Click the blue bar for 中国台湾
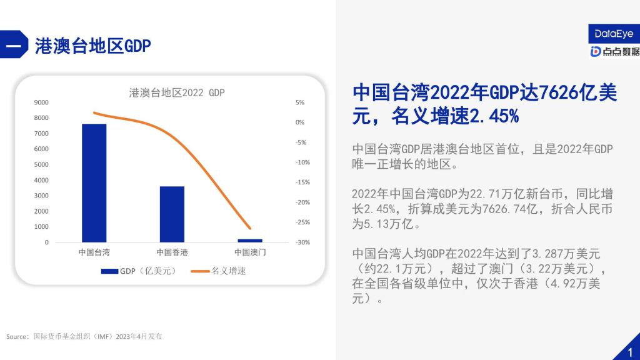(94, 183)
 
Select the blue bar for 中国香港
(172, 214)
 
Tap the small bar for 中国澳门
(250, 241)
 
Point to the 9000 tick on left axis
(41, 102)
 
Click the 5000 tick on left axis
(41, 164)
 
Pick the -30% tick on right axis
(303, 242)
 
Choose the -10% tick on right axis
(303, 162)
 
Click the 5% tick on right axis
(300, 102)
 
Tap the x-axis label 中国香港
(172, 252)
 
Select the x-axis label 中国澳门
(250, 252)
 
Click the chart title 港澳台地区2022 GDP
(177, 92)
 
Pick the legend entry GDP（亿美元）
(139, 271)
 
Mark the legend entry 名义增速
(219, 271)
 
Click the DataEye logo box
(614, 34)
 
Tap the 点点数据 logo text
(621, 51)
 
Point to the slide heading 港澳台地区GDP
(92, 46)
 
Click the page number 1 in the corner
(630, 352)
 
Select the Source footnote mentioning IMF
(84, 336)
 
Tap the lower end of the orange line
(250, 229)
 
